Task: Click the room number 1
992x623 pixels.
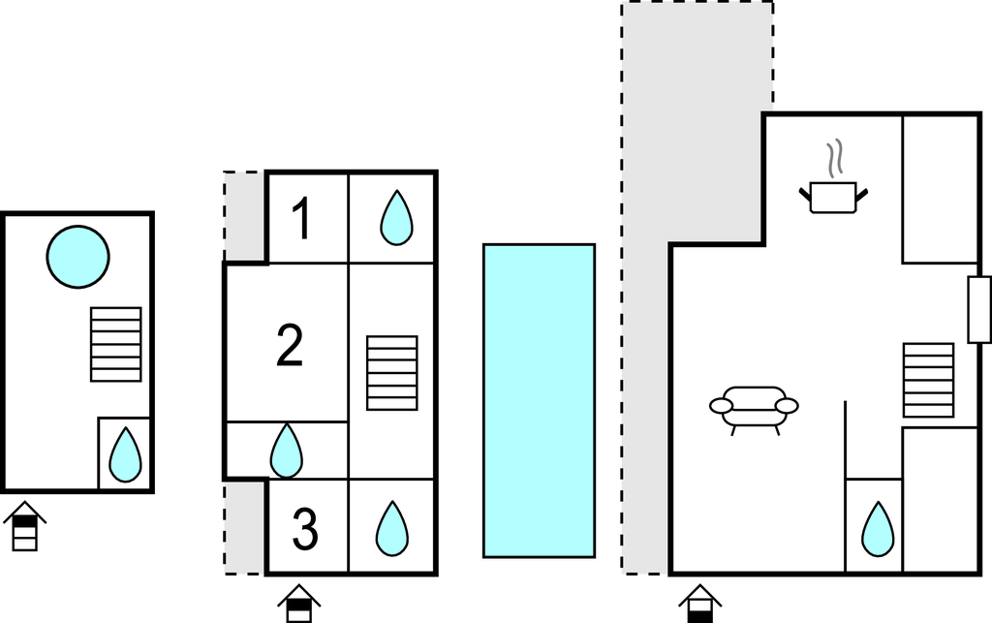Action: click(302, 219)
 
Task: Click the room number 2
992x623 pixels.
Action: click(290, 346)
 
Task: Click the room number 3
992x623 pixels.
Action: click(304, 529)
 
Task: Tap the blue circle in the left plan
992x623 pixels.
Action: click(77, 257)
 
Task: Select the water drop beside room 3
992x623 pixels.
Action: click(391, 528)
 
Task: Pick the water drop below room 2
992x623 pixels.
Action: click(286, 451)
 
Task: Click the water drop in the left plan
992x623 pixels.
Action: click(124, 455)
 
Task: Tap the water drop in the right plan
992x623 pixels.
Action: click(878, 529)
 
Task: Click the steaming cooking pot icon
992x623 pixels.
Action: click(832, 196)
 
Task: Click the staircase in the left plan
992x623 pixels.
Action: click(115, 344)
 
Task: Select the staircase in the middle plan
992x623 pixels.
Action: click(392, 373)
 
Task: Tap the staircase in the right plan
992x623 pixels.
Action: click(928, 380)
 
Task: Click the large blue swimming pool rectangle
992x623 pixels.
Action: click(539, 401)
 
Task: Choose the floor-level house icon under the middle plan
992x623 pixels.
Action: click(300, 604)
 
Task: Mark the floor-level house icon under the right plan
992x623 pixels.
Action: click(700, 603)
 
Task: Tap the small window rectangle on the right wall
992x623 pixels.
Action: click(979, 310)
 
